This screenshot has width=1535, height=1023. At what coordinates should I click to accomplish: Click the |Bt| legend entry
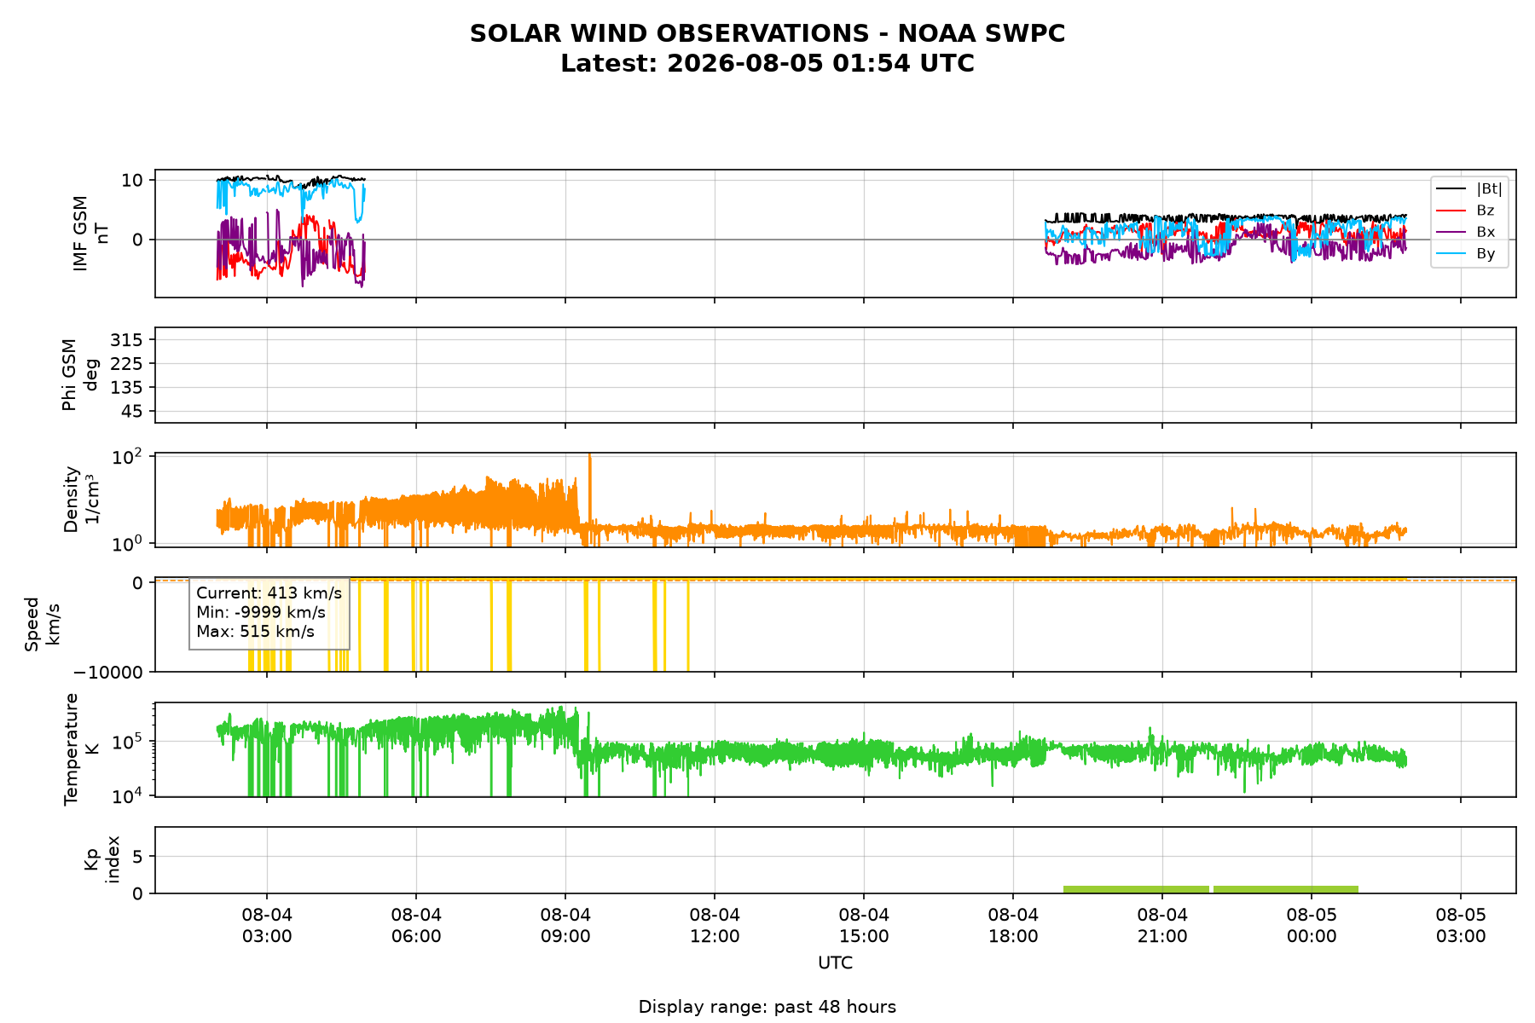coord(1469,189)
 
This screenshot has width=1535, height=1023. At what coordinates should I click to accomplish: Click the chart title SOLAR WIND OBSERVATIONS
coord(767,33)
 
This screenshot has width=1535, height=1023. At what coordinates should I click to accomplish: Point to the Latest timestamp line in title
coord(767,64)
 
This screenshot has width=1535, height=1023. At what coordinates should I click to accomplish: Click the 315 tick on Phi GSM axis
coord(131,340)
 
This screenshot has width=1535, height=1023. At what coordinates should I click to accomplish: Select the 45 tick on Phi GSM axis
coord(136,412)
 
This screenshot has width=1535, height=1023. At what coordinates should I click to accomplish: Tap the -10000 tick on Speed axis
coord(108,672)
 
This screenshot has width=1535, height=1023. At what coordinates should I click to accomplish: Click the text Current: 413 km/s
coord(269,592)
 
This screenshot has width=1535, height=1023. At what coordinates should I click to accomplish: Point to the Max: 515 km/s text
coord(255,632)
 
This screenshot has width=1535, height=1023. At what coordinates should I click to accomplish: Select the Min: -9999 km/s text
coord(261,612)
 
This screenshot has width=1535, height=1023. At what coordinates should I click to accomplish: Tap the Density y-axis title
coord(80,500)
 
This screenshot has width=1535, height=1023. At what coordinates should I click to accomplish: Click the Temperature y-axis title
coord(80,749)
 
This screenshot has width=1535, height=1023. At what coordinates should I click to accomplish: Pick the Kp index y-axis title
coord(101,859)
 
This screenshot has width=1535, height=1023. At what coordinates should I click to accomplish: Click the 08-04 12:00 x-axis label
coord(715,926)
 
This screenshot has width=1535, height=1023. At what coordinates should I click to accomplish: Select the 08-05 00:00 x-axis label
coord(1312,926)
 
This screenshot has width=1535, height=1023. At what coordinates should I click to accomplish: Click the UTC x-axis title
coord(835,963)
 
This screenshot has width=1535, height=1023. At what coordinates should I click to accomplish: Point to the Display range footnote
coord(767,1007)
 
